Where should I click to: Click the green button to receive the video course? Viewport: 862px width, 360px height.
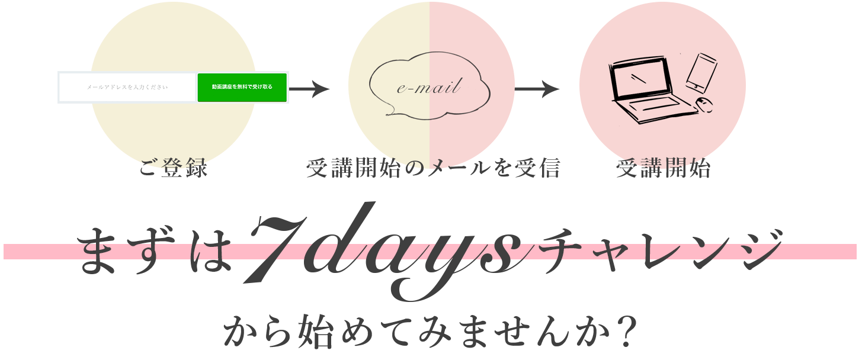[242, 88]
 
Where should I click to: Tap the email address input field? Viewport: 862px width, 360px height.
[127, 88]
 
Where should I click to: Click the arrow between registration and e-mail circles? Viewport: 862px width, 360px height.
[309, 90]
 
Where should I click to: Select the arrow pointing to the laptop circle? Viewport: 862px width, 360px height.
[537, 90]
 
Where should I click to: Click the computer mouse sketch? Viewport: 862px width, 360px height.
[703, 105]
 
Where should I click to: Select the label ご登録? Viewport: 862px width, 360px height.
[173, 169]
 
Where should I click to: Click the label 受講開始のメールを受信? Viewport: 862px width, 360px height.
[433, 169]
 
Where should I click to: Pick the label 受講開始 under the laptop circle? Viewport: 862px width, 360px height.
[663, 169]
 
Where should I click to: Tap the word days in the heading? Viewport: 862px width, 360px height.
[415, 255]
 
